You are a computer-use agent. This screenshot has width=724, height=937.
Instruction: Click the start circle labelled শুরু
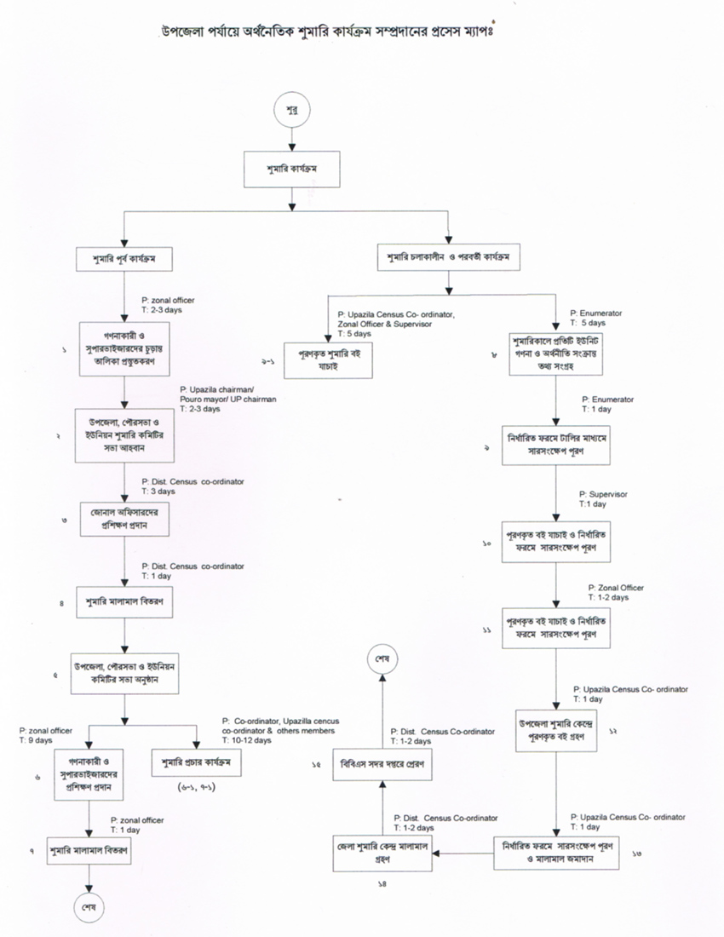click(x=292, y=109)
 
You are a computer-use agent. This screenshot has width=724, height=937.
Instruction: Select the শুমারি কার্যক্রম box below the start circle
click(x=292, y=169)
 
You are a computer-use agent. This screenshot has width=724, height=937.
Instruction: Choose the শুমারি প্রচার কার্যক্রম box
click(x=196, y=762)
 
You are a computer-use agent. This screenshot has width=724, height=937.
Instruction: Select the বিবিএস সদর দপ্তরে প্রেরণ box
click(x=380, y=765)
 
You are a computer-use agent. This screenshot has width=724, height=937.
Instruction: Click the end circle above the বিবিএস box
click(x=380, y=661)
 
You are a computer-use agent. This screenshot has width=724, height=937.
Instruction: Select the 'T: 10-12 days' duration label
click(x=247, y=740)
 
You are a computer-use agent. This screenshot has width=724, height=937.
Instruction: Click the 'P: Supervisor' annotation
click(x=603, y=494)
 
